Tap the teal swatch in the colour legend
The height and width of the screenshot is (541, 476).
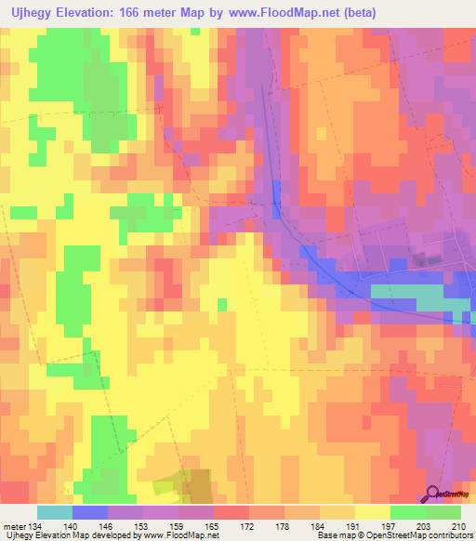(55, 512)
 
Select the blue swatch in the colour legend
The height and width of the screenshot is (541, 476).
(90, 512)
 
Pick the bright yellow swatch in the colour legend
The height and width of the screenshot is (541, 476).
(373, 512)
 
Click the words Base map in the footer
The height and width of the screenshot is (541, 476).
(333, 535)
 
